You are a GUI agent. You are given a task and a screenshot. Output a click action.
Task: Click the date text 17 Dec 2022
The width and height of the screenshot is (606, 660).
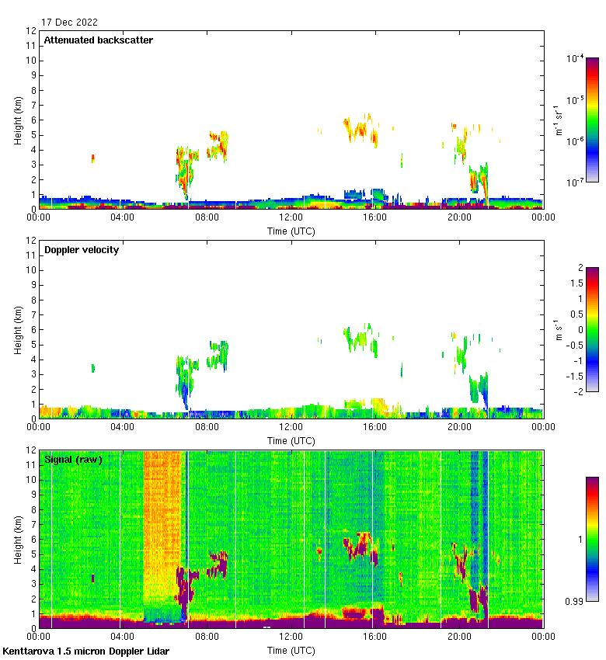(69, 23)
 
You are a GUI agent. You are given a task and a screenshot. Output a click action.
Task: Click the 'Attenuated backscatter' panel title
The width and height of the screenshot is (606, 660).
(98, 40)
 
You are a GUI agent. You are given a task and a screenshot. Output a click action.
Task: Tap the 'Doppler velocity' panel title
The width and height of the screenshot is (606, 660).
(82, 250)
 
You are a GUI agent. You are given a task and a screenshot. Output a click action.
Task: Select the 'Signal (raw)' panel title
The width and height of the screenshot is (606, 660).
(73, 460)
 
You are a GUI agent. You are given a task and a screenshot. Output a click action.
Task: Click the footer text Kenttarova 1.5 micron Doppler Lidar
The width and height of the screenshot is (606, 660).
(85, 651)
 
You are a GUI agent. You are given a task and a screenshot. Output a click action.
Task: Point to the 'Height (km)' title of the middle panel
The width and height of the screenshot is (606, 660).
(18, 330)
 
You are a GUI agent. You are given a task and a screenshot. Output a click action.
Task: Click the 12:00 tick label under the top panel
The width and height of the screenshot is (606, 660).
(291, 218)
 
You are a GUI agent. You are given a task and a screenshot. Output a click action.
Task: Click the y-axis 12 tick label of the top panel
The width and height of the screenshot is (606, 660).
(32, 31)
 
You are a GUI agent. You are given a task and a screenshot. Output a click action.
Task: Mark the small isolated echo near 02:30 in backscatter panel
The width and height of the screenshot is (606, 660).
(92, 158)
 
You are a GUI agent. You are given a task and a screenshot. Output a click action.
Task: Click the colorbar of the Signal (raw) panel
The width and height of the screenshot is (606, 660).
(592, 539)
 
